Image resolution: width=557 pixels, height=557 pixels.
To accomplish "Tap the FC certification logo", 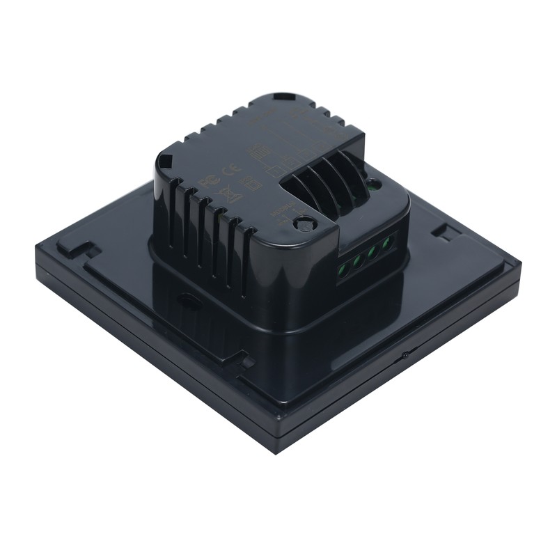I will pyautogui.click(x=207, y=179).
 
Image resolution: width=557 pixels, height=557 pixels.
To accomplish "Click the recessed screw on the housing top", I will pyautogui.click(x=303, y=224).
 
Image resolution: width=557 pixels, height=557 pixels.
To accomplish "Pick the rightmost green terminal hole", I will pyautogui.click(x=387, y=242).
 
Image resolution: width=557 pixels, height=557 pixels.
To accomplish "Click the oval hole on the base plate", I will pyautogui.click(x=187, y=297).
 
